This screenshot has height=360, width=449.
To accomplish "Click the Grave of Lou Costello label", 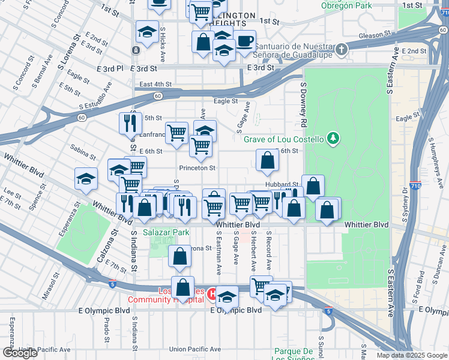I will tap(283, 139).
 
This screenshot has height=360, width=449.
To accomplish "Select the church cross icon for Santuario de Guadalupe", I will tap(342, 49).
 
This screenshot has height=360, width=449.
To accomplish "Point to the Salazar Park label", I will tap(166, 232).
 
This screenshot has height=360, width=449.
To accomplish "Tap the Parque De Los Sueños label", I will tap(294, 355).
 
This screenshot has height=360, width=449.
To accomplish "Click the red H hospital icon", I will tap(212, 293).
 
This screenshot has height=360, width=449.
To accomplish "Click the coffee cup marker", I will tap(244, 41).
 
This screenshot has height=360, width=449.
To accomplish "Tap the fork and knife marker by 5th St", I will tap(130, 124).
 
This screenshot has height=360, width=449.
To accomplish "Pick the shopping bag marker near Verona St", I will tap(180, 256).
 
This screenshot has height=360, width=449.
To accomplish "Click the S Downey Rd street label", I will tap(304, 106).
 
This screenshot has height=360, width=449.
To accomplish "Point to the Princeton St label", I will tap(197, 168).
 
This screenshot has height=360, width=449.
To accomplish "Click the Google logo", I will tap(20, 353).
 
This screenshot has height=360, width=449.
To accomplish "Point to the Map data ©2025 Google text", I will tap(412, 355).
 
